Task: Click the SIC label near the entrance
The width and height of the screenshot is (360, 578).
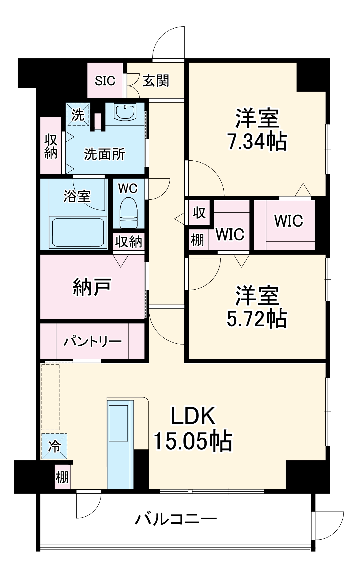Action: point(105,81)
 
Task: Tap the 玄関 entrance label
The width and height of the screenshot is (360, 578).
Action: point(156,81)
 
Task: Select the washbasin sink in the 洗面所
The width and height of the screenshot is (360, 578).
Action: point(125,112)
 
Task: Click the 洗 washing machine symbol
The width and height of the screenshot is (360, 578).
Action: point(78,115)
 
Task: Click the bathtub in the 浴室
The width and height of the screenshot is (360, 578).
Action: point(77,233)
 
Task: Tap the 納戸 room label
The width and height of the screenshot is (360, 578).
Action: point(92,287)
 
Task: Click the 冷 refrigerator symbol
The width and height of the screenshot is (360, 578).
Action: point(54,446)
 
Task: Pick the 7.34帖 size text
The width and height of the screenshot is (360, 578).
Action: point(257,142)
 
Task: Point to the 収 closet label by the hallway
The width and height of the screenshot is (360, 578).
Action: point(199,213)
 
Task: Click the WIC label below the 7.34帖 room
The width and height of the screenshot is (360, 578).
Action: point(288,221)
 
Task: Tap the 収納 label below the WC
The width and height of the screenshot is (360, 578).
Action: point(129,242)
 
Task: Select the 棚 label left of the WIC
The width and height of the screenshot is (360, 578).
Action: point(198,240)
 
